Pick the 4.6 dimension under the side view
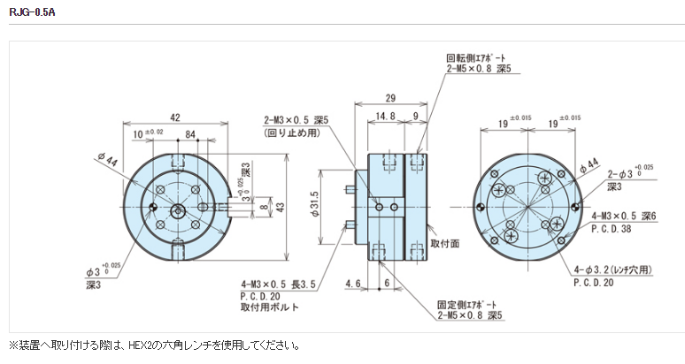click(352, 284)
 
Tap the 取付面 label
click(444, 243)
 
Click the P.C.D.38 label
click(612, 227)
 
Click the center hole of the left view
click(179, 209)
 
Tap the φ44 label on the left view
click(110, 161)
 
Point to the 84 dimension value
click(189, 134)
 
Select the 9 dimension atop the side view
click(415, 115)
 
